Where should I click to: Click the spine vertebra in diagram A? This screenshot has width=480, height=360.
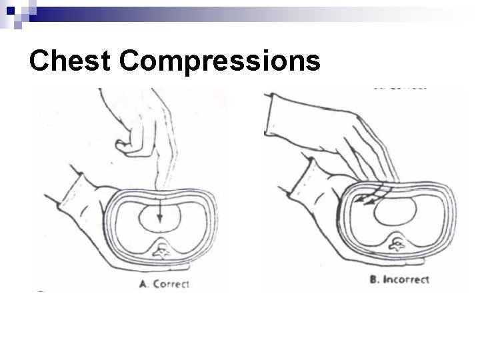[x=161, y=250]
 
